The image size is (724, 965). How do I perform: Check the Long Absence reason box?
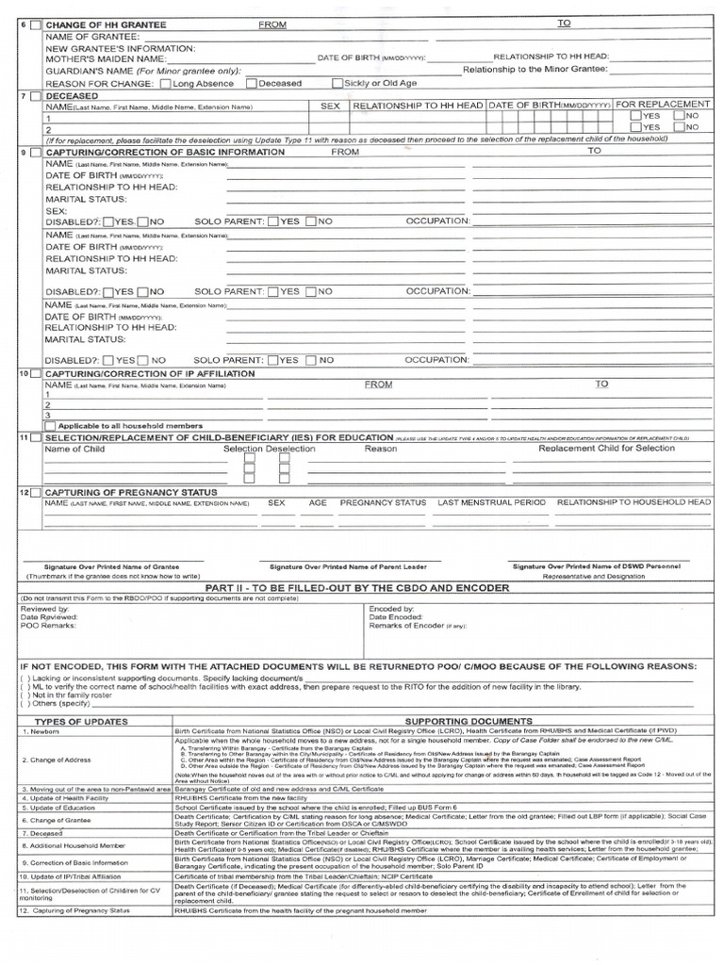[167, 83]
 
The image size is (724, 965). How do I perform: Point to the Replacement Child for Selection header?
[606, 449]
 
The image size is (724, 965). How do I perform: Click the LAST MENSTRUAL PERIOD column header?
[491, 503]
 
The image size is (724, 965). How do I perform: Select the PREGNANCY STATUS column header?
[383, 503]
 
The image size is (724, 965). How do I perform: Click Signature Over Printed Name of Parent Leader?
[348, 566]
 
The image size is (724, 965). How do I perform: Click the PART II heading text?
[363, 587]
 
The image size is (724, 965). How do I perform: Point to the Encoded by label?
[390, 609]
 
